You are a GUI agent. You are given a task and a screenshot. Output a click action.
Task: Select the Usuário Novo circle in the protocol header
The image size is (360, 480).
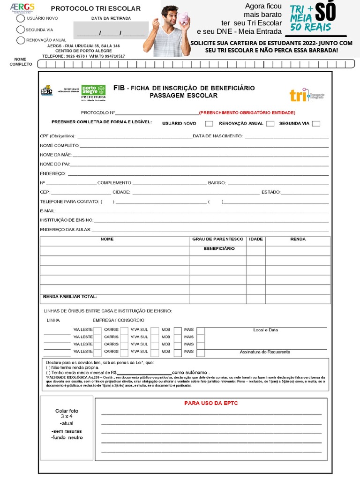coord(21,18)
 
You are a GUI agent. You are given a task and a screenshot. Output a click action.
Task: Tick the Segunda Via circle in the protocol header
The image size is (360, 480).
coord(21,29)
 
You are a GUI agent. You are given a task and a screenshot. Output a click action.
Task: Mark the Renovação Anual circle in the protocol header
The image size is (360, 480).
coord(21,40)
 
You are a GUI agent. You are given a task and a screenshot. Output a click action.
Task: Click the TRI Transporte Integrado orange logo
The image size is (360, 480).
coord(307,95)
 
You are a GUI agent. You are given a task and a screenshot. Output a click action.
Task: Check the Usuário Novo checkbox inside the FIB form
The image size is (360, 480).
coord(209,124)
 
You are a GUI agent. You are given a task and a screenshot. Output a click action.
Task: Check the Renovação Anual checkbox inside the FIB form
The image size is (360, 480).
coord(270,124)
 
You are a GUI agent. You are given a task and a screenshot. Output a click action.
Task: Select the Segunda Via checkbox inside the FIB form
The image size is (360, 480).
coord(316,124)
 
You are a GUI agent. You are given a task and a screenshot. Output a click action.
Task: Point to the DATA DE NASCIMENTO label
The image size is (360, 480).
coord(217,136)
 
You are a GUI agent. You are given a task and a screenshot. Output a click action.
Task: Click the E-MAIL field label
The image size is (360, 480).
coord(48,211)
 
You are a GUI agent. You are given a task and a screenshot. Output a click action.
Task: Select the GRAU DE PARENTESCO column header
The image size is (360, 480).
coord(218,239)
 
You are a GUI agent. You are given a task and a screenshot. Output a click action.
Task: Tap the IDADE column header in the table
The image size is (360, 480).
coord(256,239)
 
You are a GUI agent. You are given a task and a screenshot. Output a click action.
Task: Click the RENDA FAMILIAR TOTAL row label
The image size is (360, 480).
coord(70,297)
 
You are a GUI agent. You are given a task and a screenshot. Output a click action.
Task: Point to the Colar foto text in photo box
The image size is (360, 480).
coord(67,411)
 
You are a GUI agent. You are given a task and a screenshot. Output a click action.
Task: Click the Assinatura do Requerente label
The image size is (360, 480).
coord(265,352)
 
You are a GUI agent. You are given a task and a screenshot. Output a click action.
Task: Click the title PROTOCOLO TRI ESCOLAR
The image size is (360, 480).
coord(96,8)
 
